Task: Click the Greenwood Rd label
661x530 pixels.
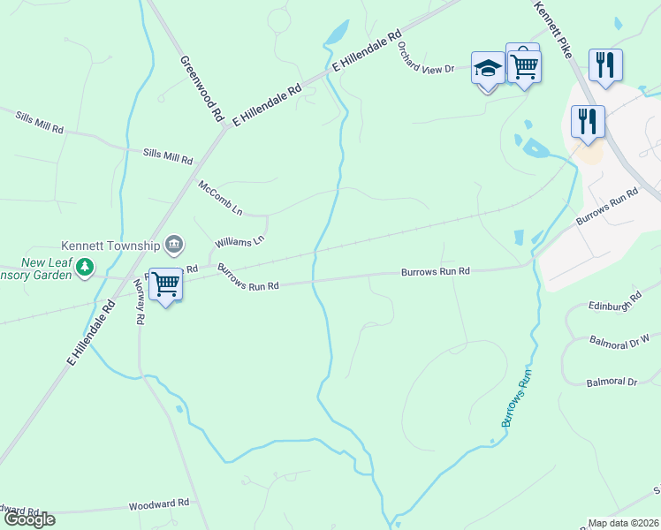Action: tap(201, 88)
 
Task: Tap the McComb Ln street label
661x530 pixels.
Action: tap(220, 199)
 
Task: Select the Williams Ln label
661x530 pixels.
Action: tap(239, 241)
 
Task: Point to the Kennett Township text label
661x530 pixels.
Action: tap(110, 246)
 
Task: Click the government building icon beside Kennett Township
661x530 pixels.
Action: tap(174, 244)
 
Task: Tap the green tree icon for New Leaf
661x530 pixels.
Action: tap(84, 266)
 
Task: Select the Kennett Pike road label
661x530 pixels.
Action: tap(553, 29)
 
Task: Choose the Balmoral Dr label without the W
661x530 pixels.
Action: tap(612, 382)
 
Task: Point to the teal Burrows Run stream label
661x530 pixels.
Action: tap(519, 399)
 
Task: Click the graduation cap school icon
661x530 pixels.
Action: tap(488, 67)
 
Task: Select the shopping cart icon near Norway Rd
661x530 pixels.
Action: tap(165, 284)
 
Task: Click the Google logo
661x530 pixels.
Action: tap(28, 519)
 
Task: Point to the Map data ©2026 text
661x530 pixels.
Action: tap(623, 523)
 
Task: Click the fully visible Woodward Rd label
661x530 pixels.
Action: tap(159, 503)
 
